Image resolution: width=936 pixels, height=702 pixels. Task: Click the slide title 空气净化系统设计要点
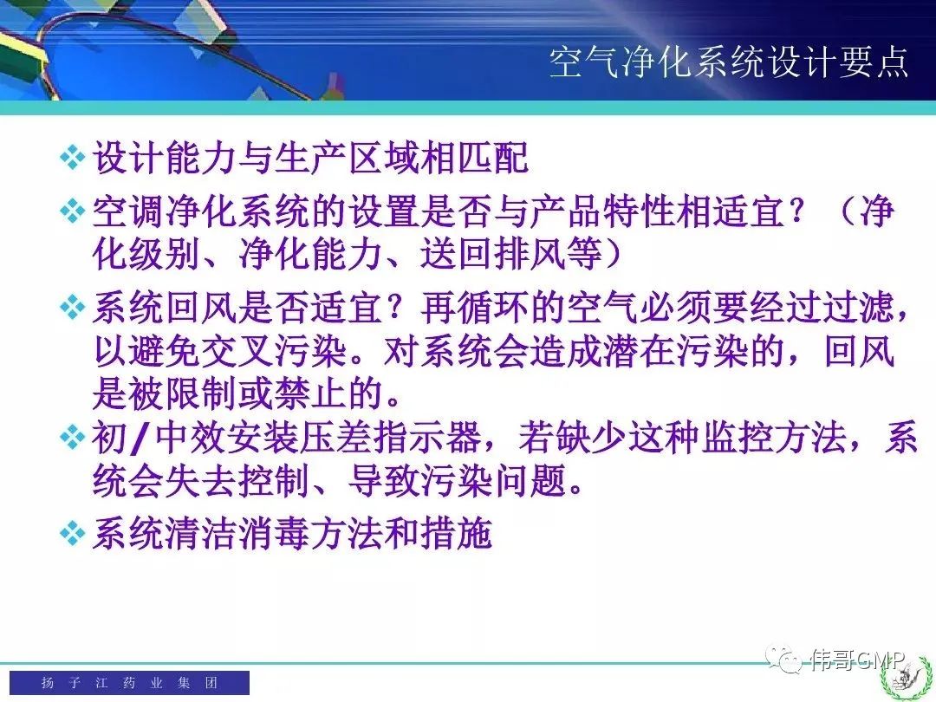(729, 62)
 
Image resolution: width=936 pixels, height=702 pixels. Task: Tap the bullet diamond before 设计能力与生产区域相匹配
(73, 158)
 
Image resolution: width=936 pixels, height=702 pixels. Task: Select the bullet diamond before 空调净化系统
(73, 211)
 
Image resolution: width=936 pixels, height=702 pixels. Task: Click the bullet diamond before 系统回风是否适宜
(73, 308)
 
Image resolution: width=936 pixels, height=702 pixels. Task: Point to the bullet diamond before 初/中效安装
(73, 438)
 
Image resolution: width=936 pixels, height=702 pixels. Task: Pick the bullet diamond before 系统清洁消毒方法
(73, 533)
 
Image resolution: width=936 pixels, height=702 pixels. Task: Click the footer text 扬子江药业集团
(129, 682)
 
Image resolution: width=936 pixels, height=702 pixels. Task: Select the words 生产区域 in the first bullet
(348, 158)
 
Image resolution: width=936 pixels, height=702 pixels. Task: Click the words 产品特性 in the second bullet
(601, 211)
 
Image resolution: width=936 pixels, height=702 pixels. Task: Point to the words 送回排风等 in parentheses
(510, 253)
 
